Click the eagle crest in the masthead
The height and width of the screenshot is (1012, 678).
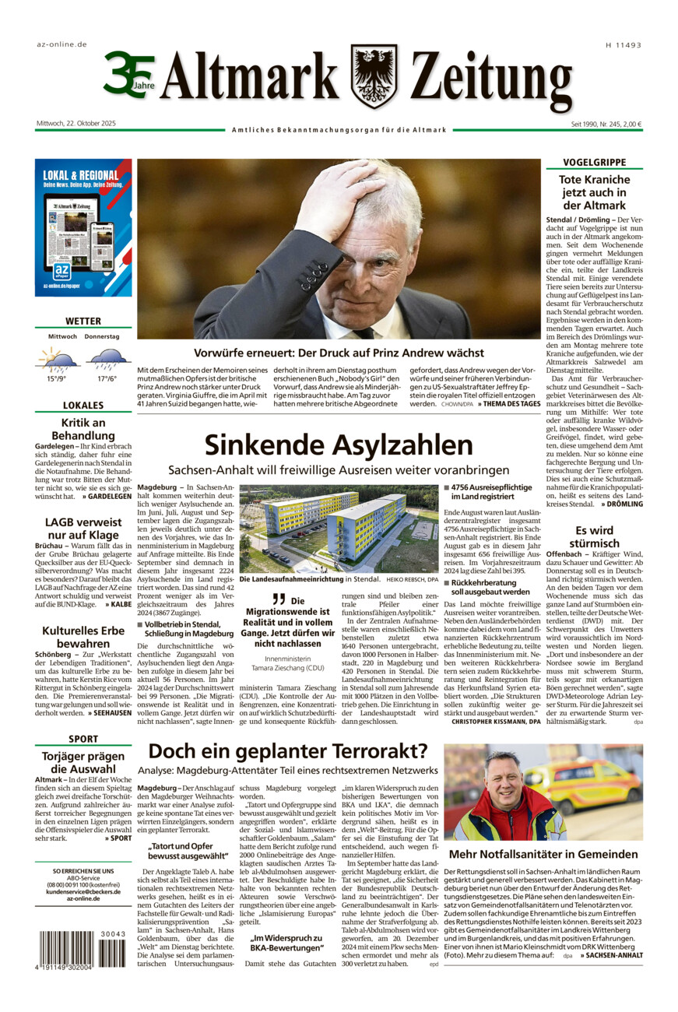[x=374, y=76]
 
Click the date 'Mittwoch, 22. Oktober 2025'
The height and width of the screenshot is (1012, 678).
[x=76, y=124]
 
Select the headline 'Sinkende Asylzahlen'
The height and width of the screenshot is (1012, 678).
[x=339, y=445]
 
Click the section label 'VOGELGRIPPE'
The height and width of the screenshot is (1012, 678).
[x=594, y=163]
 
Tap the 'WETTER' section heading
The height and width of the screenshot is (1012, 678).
[x=83, y=321]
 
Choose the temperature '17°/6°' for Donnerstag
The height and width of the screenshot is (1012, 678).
[x=107, y=379]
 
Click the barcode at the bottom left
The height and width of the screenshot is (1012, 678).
[x=82, y=951]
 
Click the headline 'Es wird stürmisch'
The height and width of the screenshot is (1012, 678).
[x=594, y=537]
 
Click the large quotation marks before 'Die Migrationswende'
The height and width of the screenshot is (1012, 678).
[x=278, y=599]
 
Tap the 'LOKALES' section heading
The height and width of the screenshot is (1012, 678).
[x=83, y=406]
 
